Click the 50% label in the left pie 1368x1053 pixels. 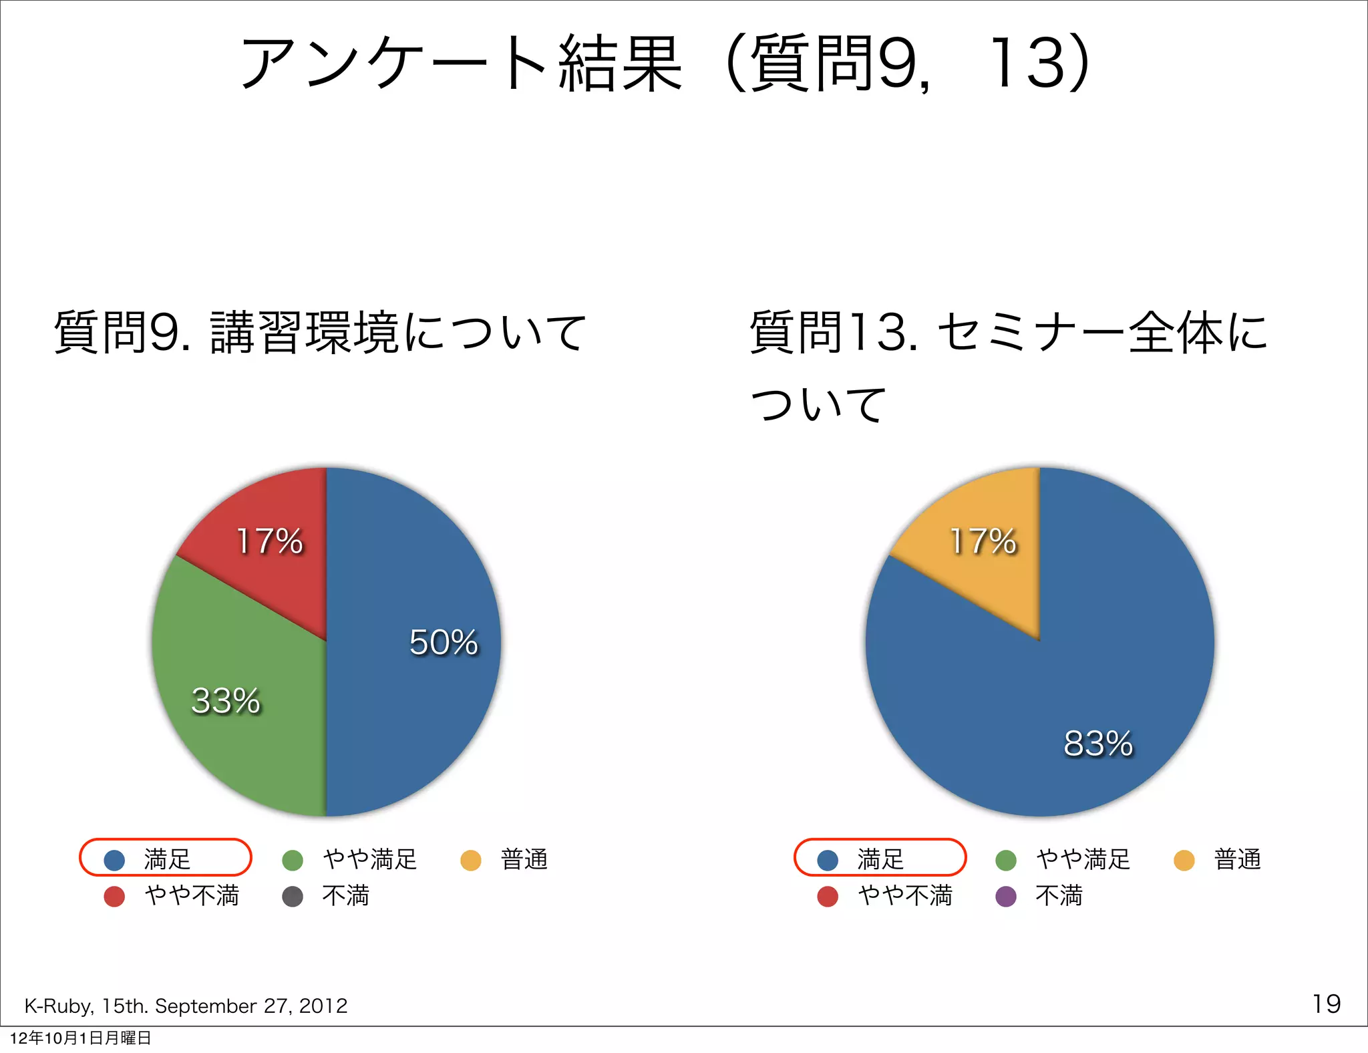pos(444,642)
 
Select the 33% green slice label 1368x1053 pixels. pos(226,701)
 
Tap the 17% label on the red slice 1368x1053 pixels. pos(270,541)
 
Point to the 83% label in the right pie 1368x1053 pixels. pos(1098,743)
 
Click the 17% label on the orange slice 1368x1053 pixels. pos(983,541)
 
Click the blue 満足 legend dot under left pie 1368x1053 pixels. pos(114,860)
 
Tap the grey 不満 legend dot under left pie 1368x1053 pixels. pos(293,896)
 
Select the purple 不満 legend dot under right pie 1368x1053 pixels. pos(1006,896)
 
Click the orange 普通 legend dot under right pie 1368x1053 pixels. pos(1184,860)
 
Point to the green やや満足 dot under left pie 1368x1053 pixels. pos(293,860)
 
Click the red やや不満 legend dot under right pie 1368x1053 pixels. pos(828,896)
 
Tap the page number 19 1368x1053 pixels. pos(1326,1004)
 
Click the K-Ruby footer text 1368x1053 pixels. pos(186,1006)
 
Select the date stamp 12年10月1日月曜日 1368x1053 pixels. pos(81,1038)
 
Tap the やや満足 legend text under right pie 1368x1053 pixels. pos(1083,859)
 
